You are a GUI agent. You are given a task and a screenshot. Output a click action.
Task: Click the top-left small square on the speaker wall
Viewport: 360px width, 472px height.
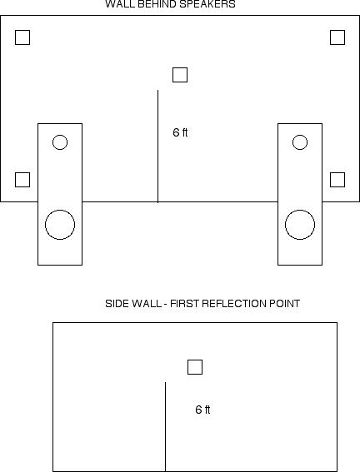22,31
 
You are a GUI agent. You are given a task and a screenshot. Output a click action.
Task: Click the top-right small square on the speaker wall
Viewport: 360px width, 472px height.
337,31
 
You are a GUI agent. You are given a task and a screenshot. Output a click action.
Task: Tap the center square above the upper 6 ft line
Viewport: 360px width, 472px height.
180,68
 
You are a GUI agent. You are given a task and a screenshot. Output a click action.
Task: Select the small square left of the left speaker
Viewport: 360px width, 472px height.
22,173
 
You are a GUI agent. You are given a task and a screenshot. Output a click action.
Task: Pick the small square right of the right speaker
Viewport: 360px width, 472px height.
337,173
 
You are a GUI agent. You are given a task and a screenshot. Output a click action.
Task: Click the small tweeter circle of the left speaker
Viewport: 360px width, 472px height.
60,135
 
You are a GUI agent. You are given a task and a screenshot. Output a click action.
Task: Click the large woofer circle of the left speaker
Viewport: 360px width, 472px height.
60,210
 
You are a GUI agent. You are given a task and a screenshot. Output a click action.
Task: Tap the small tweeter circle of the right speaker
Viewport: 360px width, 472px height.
300,135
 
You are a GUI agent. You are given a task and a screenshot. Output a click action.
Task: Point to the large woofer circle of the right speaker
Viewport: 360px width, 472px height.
300,210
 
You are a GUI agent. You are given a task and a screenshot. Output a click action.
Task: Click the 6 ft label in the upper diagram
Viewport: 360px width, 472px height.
180,132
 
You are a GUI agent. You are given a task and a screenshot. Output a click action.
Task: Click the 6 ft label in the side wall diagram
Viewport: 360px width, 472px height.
202,410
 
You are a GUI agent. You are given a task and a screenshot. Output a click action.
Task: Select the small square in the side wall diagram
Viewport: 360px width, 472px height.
195,360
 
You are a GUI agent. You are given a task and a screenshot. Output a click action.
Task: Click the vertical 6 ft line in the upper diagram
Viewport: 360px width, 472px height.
157,146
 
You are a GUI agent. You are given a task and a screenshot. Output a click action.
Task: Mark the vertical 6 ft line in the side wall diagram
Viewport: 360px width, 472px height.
165,427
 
